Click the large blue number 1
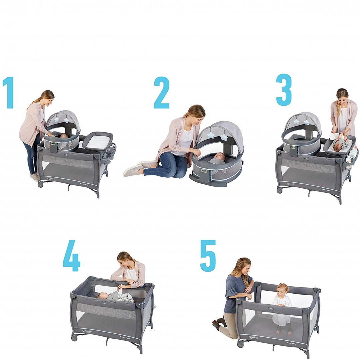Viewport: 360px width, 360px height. pyautogui.click(x=8, y=93)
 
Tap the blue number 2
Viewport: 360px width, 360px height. pyautogui.click(x=162, y=93)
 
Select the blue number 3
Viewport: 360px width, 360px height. pyautogui.click(x=284, y=90)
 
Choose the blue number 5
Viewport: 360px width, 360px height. pyautogui.click(x=208, y=256)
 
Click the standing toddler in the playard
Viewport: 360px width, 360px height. pyautogui.click(x=282, y=308)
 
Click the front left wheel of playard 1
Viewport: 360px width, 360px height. pyautogui.click(x=40, y=184)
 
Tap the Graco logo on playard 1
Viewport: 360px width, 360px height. pyautogui.click(x=51, y=179)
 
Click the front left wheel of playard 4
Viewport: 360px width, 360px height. pyautogui.click(x=74, y=338)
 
